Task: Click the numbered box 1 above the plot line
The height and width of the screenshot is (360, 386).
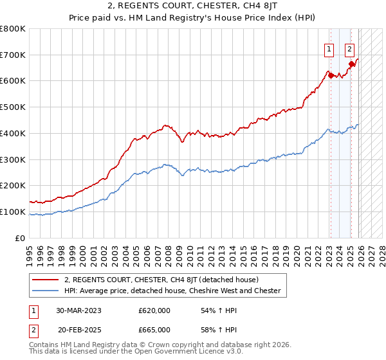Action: [329, 48]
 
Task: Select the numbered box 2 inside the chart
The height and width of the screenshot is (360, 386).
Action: [349, 48]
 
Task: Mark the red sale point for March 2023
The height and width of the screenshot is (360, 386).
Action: [331, 76]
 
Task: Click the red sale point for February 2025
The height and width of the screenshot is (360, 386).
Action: [351, 64]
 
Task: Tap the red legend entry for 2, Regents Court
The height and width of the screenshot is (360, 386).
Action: [161, 280]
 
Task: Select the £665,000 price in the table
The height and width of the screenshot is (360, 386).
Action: [154, 329]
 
